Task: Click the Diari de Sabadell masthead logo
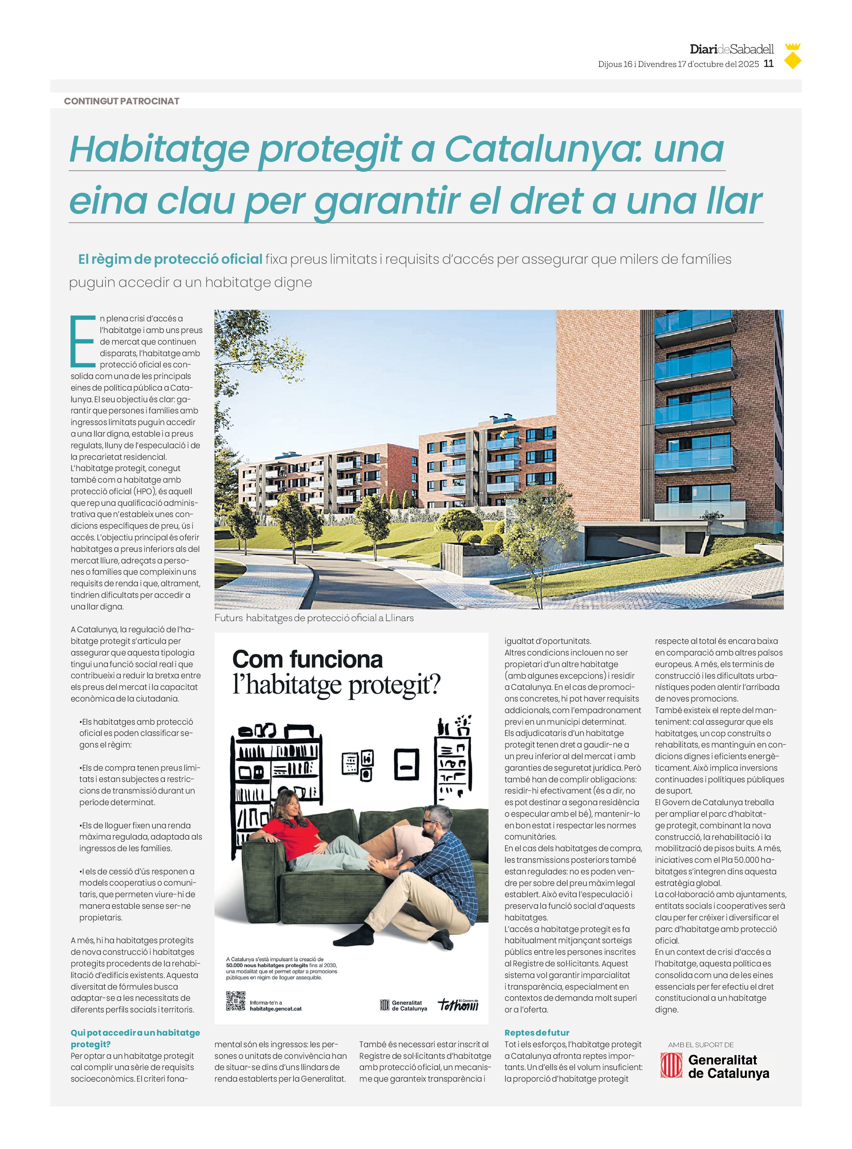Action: coord(731,49)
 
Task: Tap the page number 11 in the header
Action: coord(769,63)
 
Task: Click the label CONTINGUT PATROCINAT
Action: coord(121,101)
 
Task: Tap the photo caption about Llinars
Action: coord(314,618)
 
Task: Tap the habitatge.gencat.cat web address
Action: coord(276,1009)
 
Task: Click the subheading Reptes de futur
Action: coord(536,1033)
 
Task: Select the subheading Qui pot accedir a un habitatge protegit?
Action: coord(135,1038)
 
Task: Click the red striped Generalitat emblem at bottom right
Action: coord(671,1066)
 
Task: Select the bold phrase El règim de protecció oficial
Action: coord(170,259)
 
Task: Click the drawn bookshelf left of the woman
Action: coord(276,773)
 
